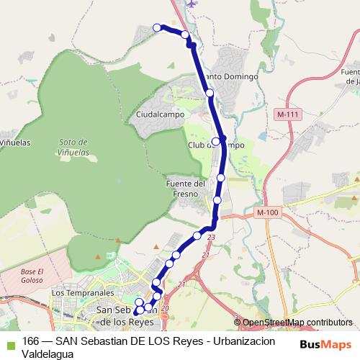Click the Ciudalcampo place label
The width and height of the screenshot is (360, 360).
[160, 114]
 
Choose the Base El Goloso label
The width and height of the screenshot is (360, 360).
[32, 274]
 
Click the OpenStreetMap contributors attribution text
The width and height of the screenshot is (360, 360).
[296, 322]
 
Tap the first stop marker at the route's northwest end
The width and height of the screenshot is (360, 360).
[158, 28]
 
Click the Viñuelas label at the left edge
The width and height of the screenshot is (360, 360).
[14, 143]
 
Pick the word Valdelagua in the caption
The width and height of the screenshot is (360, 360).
[48, 354]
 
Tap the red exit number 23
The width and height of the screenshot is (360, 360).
[211, 237]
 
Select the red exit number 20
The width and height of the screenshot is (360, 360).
[166, 308]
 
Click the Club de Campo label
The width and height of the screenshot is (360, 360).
[224, 145]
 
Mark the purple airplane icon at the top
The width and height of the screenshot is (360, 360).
[191, 3]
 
